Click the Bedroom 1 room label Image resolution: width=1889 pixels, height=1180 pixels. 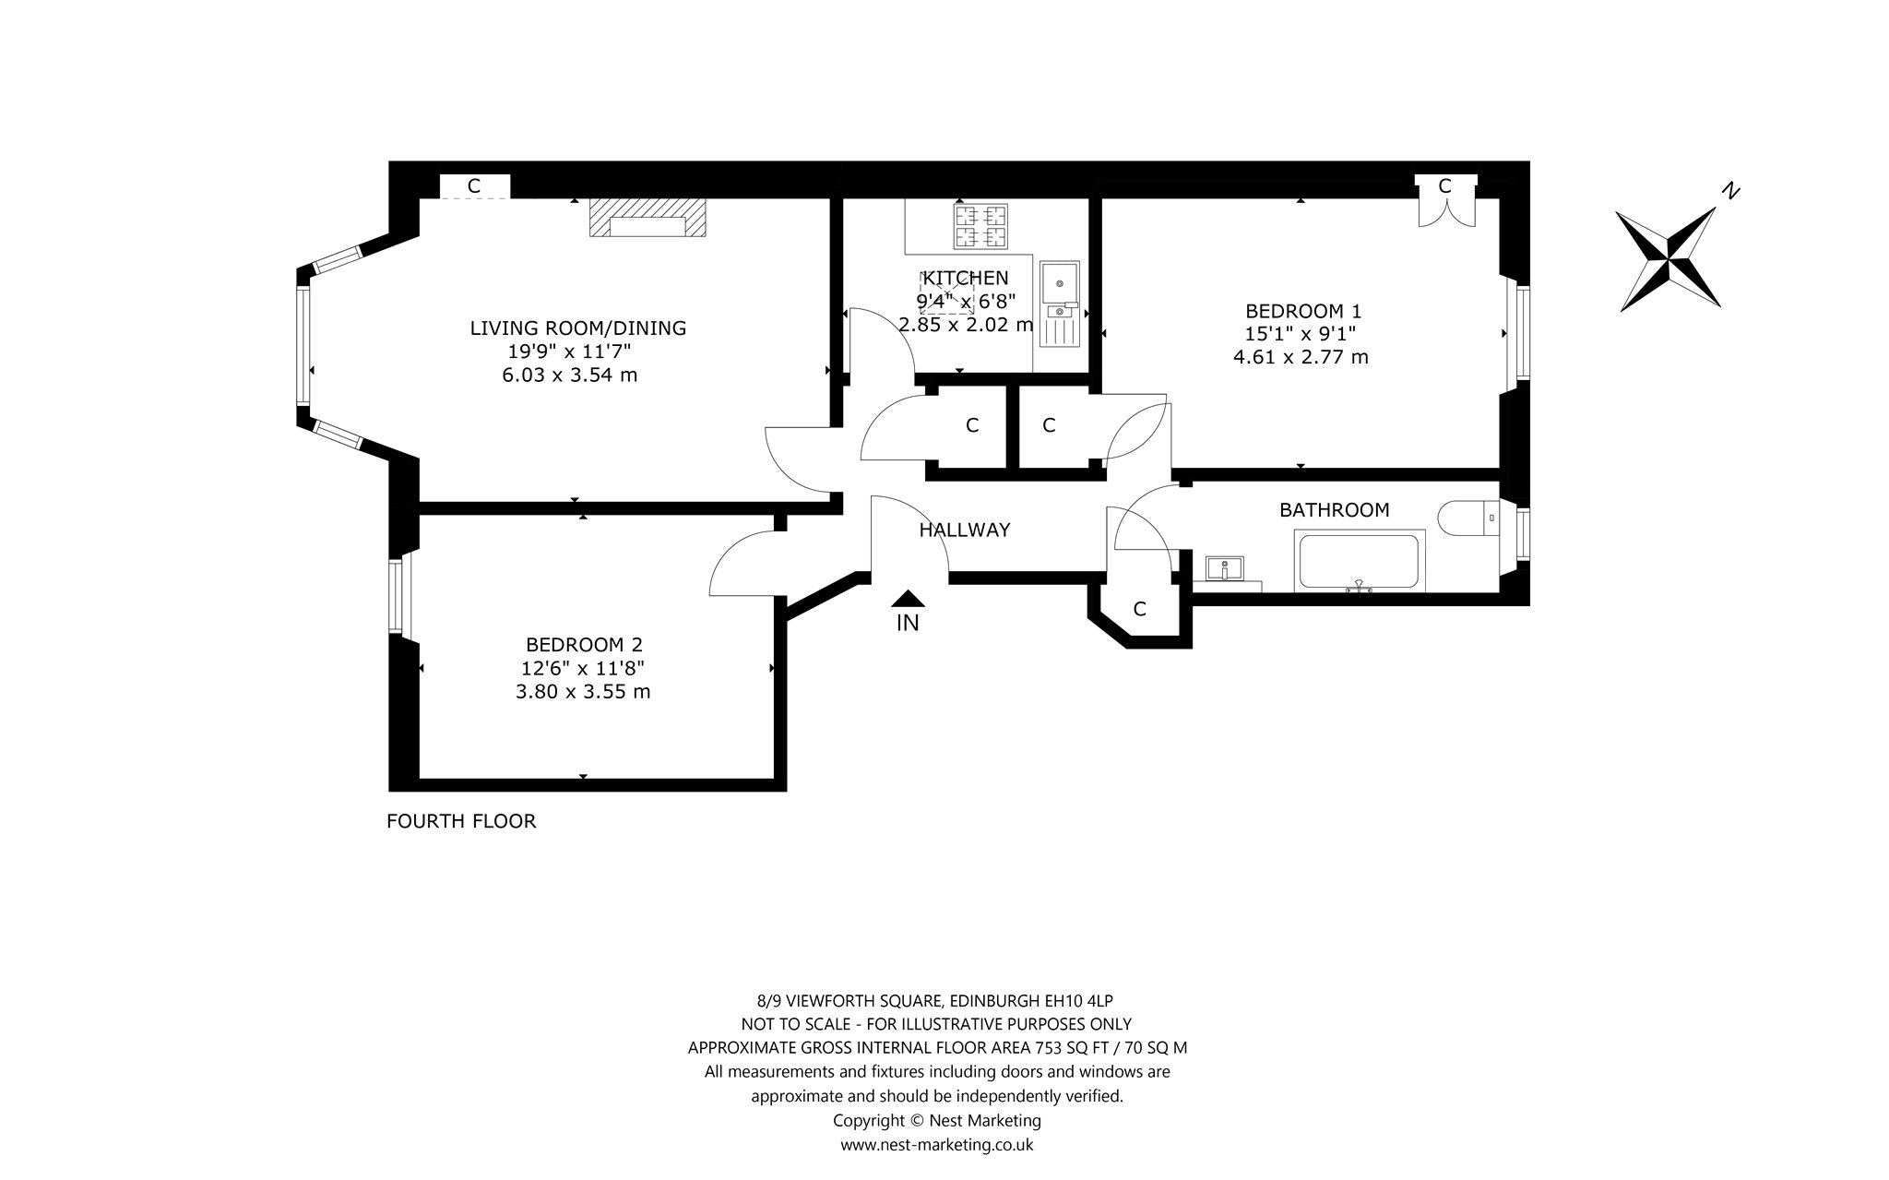1303,311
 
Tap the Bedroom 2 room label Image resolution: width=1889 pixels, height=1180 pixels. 584,645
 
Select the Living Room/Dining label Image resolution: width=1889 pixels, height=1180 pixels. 578,328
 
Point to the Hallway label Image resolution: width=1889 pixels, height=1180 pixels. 965,530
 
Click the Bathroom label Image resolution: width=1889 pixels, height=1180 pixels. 1334,510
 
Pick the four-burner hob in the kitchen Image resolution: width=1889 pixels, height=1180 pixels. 980,227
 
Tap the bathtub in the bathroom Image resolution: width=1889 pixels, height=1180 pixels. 1360,561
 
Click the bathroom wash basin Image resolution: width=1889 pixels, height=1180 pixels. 1225,567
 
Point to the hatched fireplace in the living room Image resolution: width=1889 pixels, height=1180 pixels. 648,218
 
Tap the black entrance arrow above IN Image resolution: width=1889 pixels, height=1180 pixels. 909,599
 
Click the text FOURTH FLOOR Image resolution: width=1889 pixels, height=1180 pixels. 461,821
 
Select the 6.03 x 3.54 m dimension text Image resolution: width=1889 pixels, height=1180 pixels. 569,375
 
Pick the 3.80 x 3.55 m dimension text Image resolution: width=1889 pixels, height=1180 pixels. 583,692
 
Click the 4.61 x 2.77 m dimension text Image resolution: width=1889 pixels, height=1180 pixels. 1301,357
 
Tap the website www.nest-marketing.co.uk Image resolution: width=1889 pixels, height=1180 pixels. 936,1145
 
